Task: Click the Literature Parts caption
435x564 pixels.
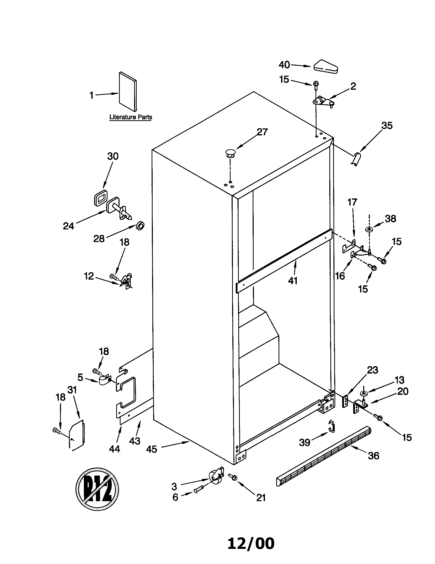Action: [x=131, y=117]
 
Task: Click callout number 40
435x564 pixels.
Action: [x=284, y=65]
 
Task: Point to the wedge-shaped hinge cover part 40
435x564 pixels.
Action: [x=326, y=67]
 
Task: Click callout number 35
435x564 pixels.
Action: [x=387, y=126]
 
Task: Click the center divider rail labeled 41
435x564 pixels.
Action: [x=284, y=261]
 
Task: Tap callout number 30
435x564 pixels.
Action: [x=113, y=156]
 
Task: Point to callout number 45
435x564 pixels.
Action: [x=151, y=449]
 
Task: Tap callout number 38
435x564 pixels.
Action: [x=390, y=219]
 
